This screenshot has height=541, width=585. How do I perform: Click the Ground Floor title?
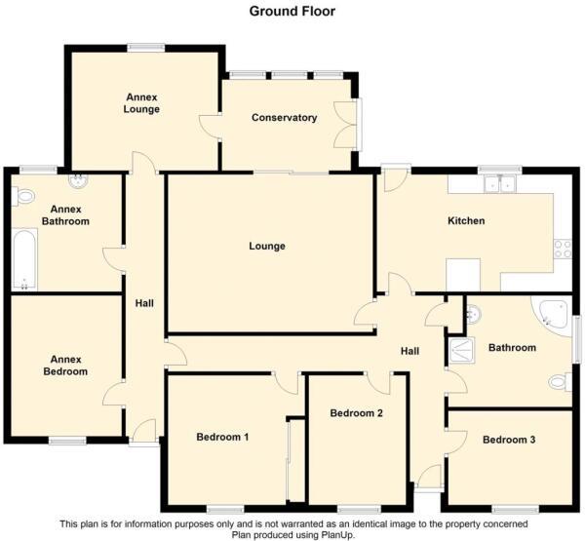coord(292,12)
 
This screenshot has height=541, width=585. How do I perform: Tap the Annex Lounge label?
coord(142,103)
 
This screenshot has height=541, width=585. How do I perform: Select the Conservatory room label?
coord(285,118)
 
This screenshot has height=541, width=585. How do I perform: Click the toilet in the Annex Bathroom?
coord(22,197)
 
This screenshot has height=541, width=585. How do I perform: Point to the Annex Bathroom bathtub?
coord(24,259)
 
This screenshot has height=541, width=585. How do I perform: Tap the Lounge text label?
coord(267,247)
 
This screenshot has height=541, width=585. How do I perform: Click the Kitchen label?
coord(466,221)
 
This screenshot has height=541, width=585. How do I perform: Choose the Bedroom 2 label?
coord(356,413)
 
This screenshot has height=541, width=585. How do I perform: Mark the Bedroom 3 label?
coord(509,441)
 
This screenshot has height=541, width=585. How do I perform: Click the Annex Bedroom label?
coord(64,365)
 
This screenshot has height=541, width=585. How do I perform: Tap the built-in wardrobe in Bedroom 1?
coord(289,458)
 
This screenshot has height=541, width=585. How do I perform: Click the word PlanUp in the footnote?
coord(334,534)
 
